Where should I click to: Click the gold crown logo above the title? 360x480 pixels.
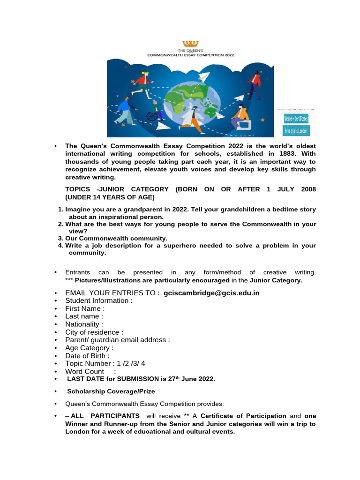tap(190, 44)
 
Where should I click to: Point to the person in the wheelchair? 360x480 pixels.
tap(154, 112)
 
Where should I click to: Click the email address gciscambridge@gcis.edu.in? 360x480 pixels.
tap(211, 293)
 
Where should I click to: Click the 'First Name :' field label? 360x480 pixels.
tap(85, 308)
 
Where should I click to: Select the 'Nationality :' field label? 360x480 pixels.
tap(84, 324)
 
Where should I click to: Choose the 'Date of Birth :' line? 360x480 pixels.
tap(87, 356)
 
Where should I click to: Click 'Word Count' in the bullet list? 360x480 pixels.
tap(84, 371)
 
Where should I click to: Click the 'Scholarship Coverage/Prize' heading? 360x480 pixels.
tap(111, 391)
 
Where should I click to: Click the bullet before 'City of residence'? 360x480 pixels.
tap(55, 332)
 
